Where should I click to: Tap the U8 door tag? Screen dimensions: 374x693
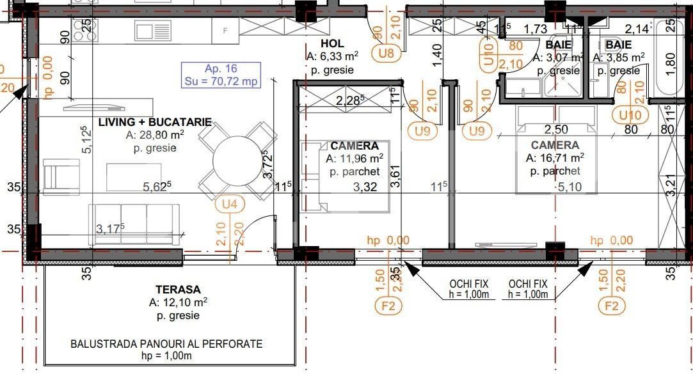(386, 53)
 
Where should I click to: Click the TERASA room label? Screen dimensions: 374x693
(178, 289)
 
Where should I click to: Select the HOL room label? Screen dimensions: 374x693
(333, 43)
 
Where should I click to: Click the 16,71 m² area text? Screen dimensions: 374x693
(554, 158)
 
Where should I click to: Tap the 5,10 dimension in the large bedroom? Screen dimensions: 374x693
(570, 187)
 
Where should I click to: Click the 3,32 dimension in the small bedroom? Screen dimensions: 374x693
(365, 187)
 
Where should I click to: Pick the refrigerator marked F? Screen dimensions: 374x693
(225, 30)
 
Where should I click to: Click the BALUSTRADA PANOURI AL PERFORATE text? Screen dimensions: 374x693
(166, 344)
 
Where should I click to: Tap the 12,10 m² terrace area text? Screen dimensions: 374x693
(178, 302)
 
